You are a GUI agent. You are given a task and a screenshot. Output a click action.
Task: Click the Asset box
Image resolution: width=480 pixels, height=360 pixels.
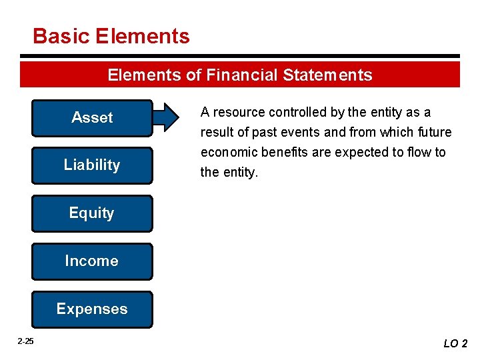coord(92,118)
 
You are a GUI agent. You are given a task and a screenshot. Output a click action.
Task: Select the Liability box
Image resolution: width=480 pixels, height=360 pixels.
coord(92,165)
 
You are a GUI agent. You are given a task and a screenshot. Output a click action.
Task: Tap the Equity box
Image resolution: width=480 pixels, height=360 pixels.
coord(92,213)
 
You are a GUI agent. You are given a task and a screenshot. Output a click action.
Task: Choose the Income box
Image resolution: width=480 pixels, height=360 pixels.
coord(92,261)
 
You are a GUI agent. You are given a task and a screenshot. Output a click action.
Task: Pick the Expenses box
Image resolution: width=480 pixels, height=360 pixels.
coord(92,309)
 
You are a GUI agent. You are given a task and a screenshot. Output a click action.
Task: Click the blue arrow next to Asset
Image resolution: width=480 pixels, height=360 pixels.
coord(167,117)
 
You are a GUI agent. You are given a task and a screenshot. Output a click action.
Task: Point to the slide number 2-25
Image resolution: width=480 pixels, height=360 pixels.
coord(25,341)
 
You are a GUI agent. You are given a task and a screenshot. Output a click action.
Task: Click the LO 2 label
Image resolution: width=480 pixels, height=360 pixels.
coord(455,343)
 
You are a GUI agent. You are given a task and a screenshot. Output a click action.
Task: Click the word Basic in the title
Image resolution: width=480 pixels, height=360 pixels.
coord(61,36)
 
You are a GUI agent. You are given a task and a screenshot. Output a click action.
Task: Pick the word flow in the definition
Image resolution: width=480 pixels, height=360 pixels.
coord(418,152)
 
